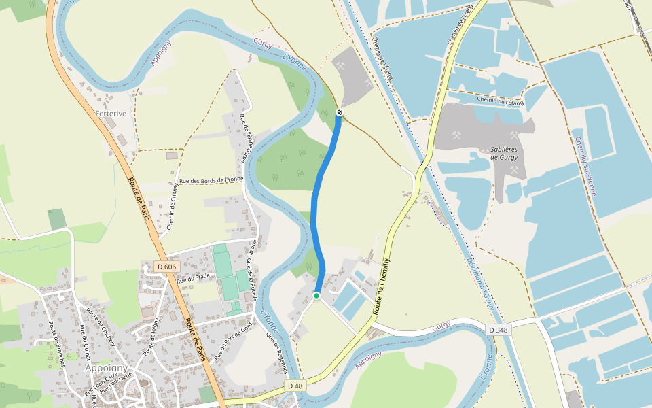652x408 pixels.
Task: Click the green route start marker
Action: tap(316, 295)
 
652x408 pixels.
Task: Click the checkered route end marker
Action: tap(340, 112)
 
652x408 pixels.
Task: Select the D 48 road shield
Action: tap(294, 386)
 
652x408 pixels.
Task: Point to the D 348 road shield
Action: tap(498, 330)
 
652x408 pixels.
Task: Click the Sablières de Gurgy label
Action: tap(504, 153)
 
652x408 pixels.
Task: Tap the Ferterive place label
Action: tap(111, 114)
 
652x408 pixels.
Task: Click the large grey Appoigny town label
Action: tap(107, 368)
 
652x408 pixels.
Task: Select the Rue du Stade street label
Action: tap(191, 279)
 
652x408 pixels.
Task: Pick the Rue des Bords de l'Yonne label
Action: tap(211, 180)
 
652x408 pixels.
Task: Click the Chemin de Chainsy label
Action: tap(170, 205)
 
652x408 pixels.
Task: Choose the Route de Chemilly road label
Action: tap(382, 285)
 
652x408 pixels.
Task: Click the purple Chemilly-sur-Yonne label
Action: tap(585, 167)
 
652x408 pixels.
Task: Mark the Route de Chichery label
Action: tap(99, 326)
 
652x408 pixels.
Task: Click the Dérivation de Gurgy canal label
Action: tap(479, 286)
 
